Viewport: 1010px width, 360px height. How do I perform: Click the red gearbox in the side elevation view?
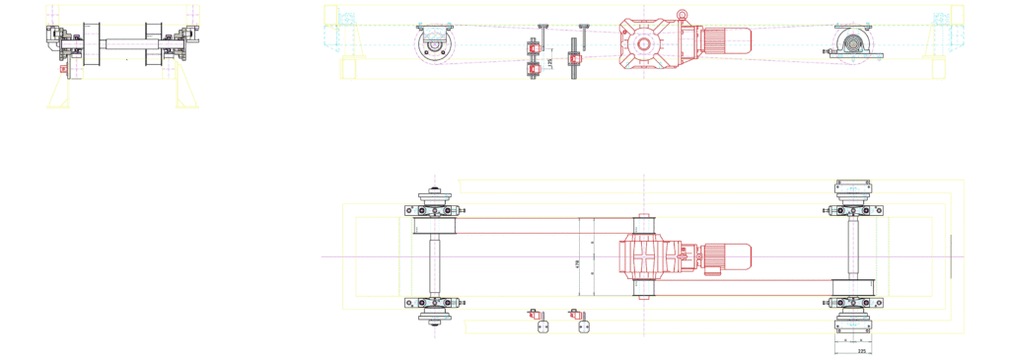coord(646,41)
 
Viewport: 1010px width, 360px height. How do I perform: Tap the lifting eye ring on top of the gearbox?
coord(681,11)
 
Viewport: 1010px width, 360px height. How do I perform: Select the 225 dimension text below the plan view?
coord(861,349)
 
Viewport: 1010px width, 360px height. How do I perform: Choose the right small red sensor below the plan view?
coord(579,316)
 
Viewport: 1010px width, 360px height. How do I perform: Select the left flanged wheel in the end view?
coord(88,43)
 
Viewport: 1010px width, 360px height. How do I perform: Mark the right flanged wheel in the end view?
coord(155,43)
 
